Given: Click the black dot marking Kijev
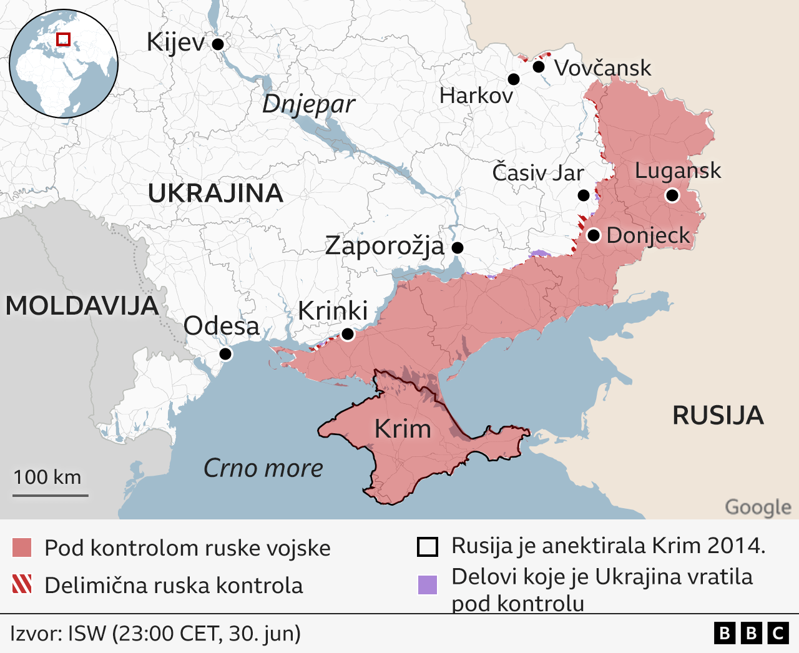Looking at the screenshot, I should tap(218, 44).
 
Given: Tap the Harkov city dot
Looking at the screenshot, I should tap(514, 79).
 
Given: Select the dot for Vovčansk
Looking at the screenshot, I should tap(539, 66).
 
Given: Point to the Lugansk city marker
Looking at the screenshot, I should tap(672, 195).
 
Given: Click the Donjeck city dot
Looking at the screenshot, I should tap(594, 235).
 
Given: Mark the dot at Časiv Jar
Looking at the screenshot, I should tap(583, 195).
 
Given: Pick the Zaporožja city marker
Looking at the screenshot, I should tap(458, 248).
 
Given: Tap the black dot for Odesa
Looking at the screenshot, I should tap(225, 354).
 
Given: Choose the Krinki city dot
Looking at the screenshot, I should tap(348, 335).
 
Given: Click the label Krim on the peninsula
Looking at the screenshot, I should tap(403, 429).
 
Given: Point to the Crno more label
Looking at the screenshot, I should tap(263, 468).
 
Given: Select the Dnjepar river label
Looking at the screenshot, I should tap(308, 104).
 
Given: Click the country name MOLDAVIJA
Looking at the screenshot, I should tap(82, 306).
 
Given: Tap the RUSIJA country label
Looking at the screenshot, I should tap(718, 415).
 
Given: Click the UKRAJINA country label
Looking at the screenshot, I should tap(215, 194).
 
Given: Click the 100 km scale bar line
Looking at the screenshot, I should tap(51, 496).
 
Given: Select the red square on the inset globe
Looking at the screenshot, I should tap(63, 39).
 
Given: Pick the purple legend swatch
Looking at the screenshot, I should tap(428, 585).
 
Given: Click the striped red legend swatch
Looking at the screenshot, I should tap(22, 584).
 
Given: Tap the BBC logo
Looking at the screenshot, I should tap(751, 634).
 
